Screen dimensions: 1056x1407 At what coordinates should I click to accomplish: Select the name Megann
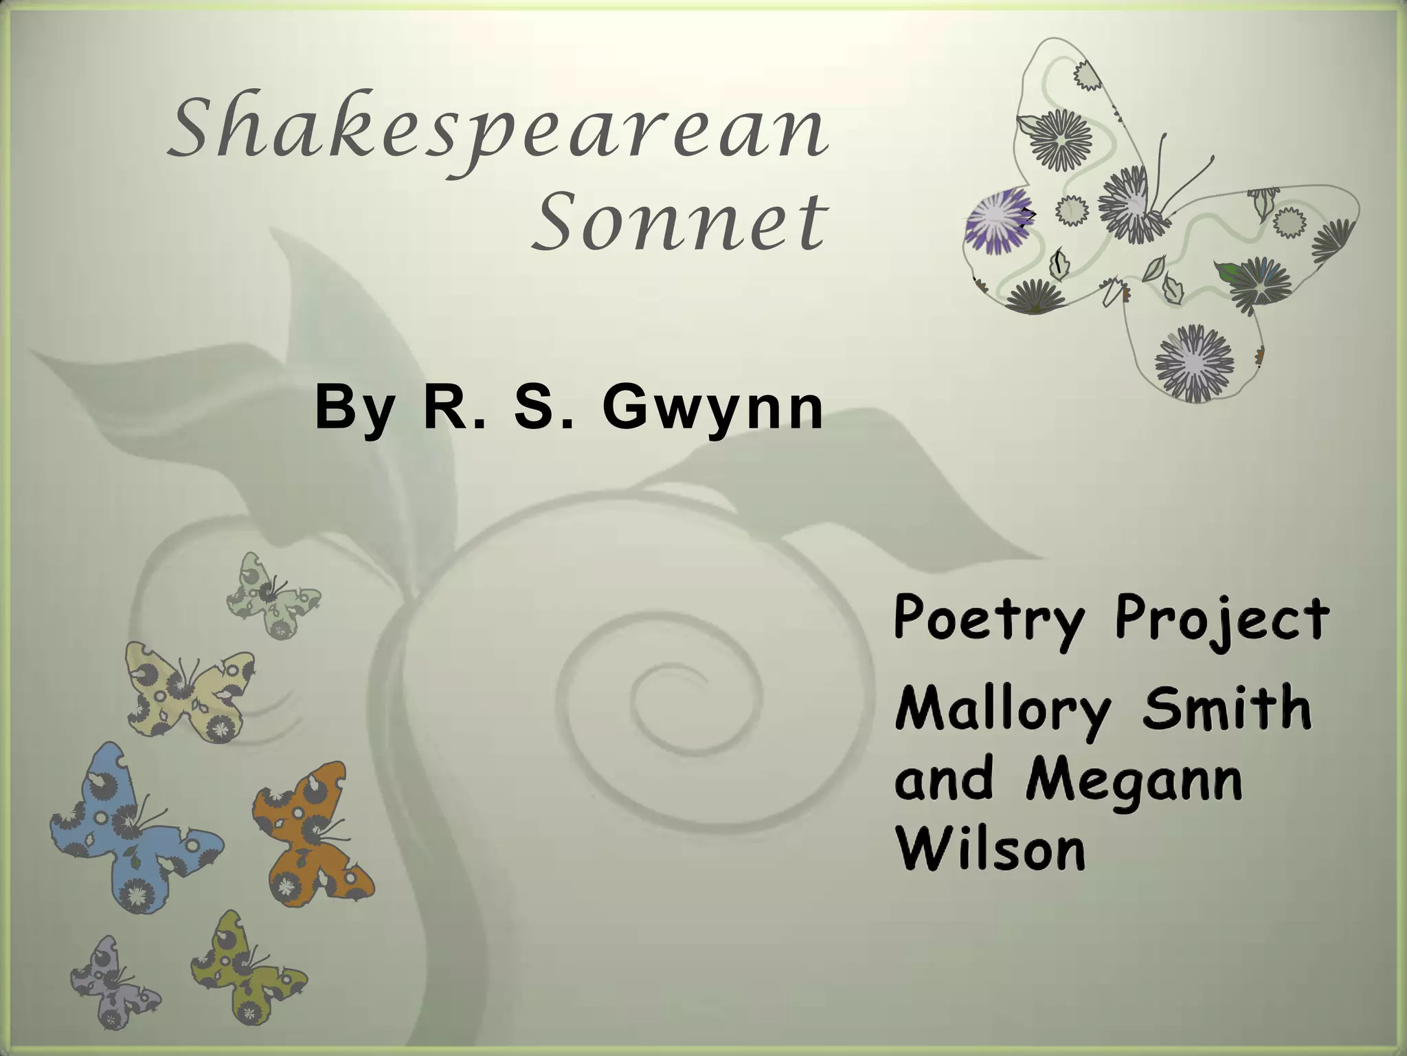(1134, 782)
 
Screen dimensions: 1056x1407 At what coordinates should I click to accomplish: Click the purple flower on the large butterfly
(996, 221)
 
